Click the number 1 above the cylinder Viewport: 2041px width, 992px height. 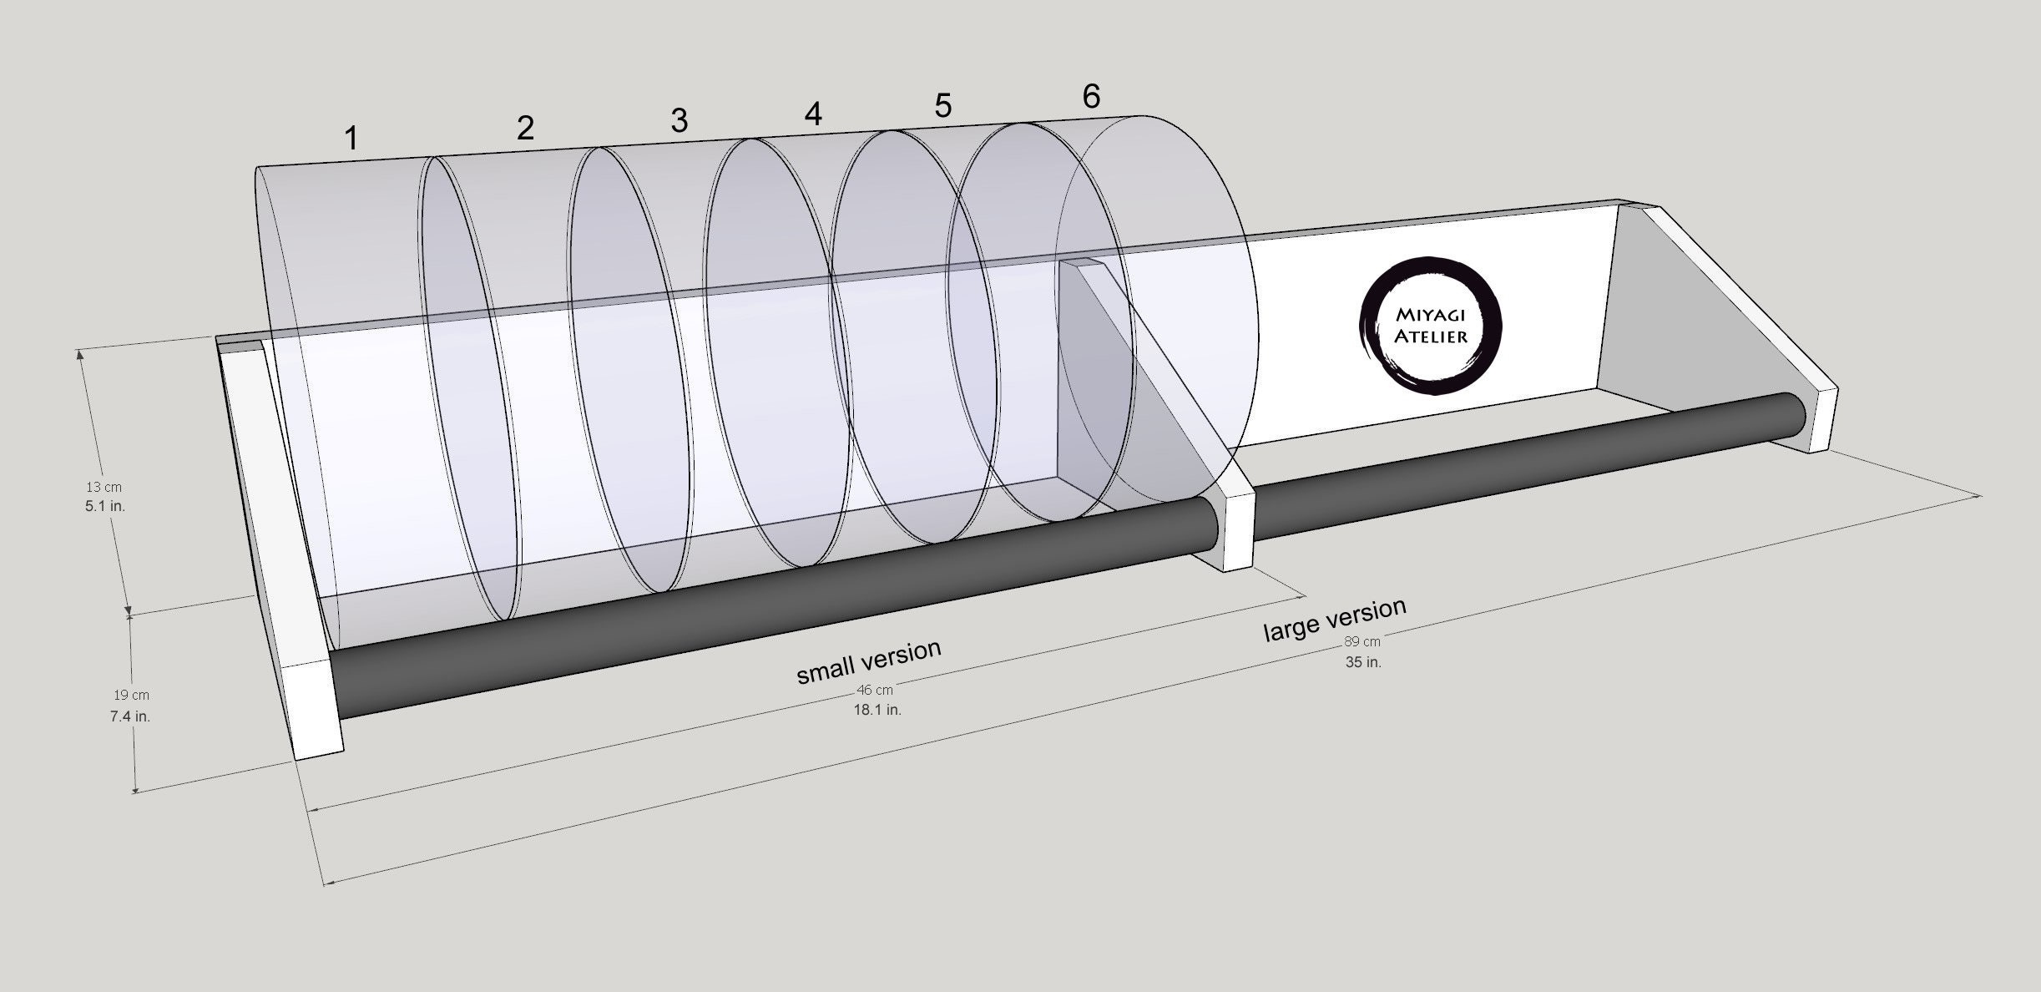352,139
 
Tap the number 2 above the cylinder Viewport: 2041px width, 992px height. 525,128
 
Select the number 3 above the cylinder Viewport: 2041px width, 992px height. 679,121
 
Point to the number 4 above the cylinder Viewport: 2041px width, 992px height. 813,114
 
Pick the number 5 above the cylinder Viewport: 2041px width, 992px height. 942,106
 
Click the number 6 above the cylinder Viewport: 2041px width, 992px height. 1091,98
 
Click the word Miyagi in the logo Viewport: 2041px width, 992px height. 1429,316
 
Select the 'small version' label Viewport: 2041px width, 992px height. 869,660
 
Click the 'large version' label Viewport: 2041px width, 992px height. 1334,619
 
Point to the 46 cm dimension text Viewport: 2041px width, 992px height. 875,691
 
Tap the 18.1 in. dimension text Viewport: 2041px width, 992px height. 877,710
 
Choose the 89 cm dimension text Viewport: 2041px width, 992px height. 1362,642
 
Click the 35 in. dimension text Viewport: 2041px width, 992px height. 1362,662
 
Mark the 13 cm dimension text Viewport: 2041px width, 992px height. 104,487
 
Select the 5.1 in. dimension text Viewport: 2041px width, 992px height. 105,506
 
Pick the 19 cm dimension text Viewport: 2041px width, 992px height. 131,695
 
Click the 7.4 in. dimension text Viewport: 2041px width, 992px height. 130,716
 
